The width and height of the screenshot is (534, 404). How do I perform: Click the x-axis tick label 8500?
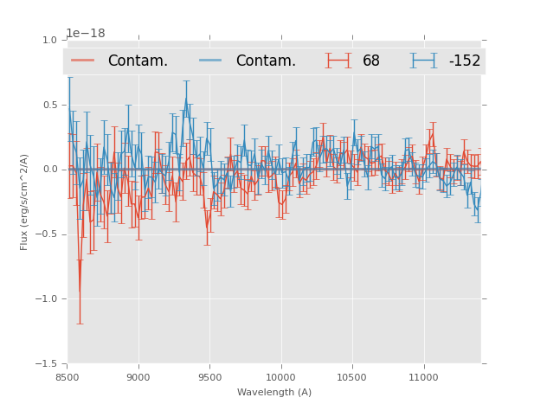[x=68, y=377]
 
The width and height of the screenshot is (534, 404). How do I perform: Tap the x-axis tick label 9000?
[x=138, y=377]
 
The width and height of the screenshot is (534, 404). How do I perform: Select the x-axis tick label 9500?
[x=209, y=377]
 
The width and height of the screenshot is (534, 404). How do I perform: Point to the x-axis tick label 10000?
[x=280, y=377]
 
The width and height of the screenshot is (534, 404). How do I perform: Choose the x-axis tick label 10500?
[x=351, y=377]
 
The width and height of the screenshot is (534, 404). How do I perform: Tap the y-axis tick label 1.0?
[x=50, y=40]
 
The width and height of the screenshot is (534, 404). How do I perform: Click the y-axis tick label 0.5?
[x=50, y=105]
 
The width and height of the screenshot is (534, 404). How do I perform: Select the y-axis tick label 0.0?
[x=50, y=170]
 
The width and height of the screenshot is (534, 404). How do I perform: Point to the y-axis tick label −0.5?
[x=48, y=234]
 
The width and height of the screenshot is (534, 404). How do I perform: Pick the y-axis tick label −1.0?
[x=48, y=299]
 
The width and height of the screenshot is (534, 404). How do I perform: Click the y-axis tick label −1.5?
[x=48, y=364]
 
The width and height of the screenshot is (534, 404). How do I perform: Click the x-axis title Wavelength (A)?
[x=274, y=392]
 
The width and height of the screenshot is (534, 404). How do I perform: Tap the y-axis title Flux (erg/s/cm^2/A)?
[x=25, y=202]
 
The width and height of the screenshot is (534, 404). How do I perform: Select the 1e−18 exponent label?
[x=86, y=34]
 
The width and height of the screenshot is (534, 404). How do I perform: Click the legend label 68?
[x=371, y=61]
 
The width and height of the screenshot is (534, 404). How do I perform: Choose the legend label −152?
[x=464, y=61]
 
